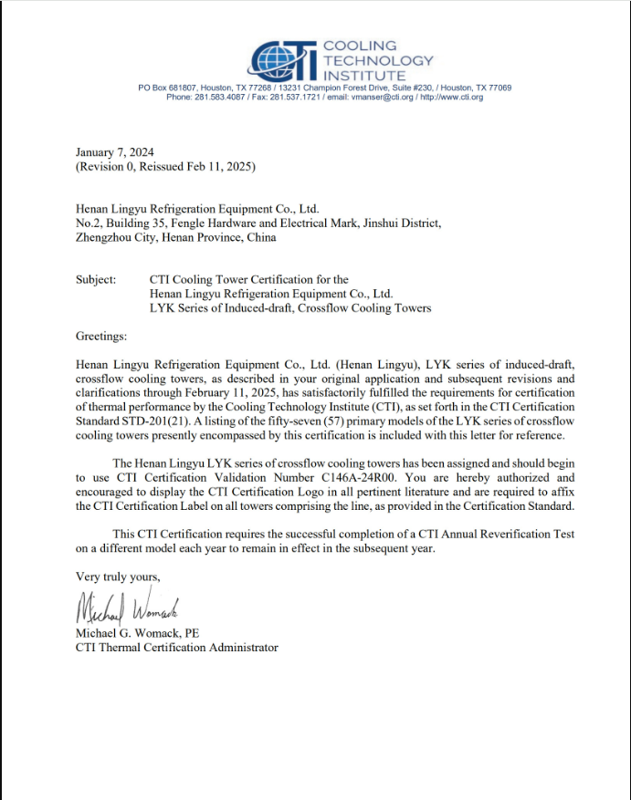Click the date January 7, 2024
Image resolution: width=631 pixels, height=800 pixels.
coord(115,152)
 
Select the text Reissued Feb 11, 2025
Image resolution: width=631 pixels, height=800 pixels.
coord(198,167)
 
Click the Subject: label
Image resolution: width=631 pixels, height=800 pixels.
coord(96,279)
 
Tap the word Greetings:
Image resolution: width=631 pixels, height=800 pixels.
coord(101,337)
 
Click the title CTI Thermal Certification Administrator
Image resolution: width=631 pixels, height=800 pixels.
coord(176,648)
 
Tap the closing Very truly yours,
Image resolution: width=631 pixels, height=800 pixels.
coord(118,577)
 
